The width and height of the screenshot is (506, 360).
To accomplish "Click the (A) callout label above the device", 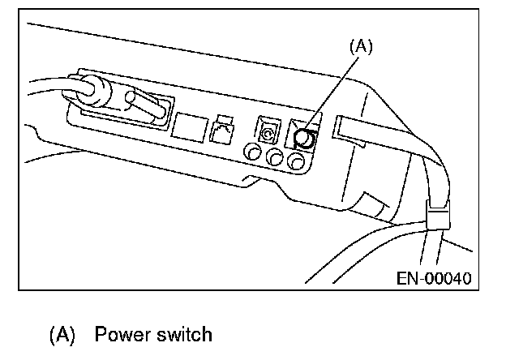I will (x=361, y=48).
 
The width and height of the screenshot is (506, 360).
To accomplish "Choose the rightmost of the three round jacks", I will (x=298, y=162).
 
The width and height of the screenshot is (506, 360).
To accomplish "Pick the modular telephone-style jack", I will (x=222, y=131).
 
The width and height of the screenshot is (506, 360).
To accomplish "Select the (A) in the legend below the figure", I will (x=64, y=333).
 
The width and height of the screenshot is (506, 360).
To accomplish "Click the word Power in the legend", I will (x=120, y=333).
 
